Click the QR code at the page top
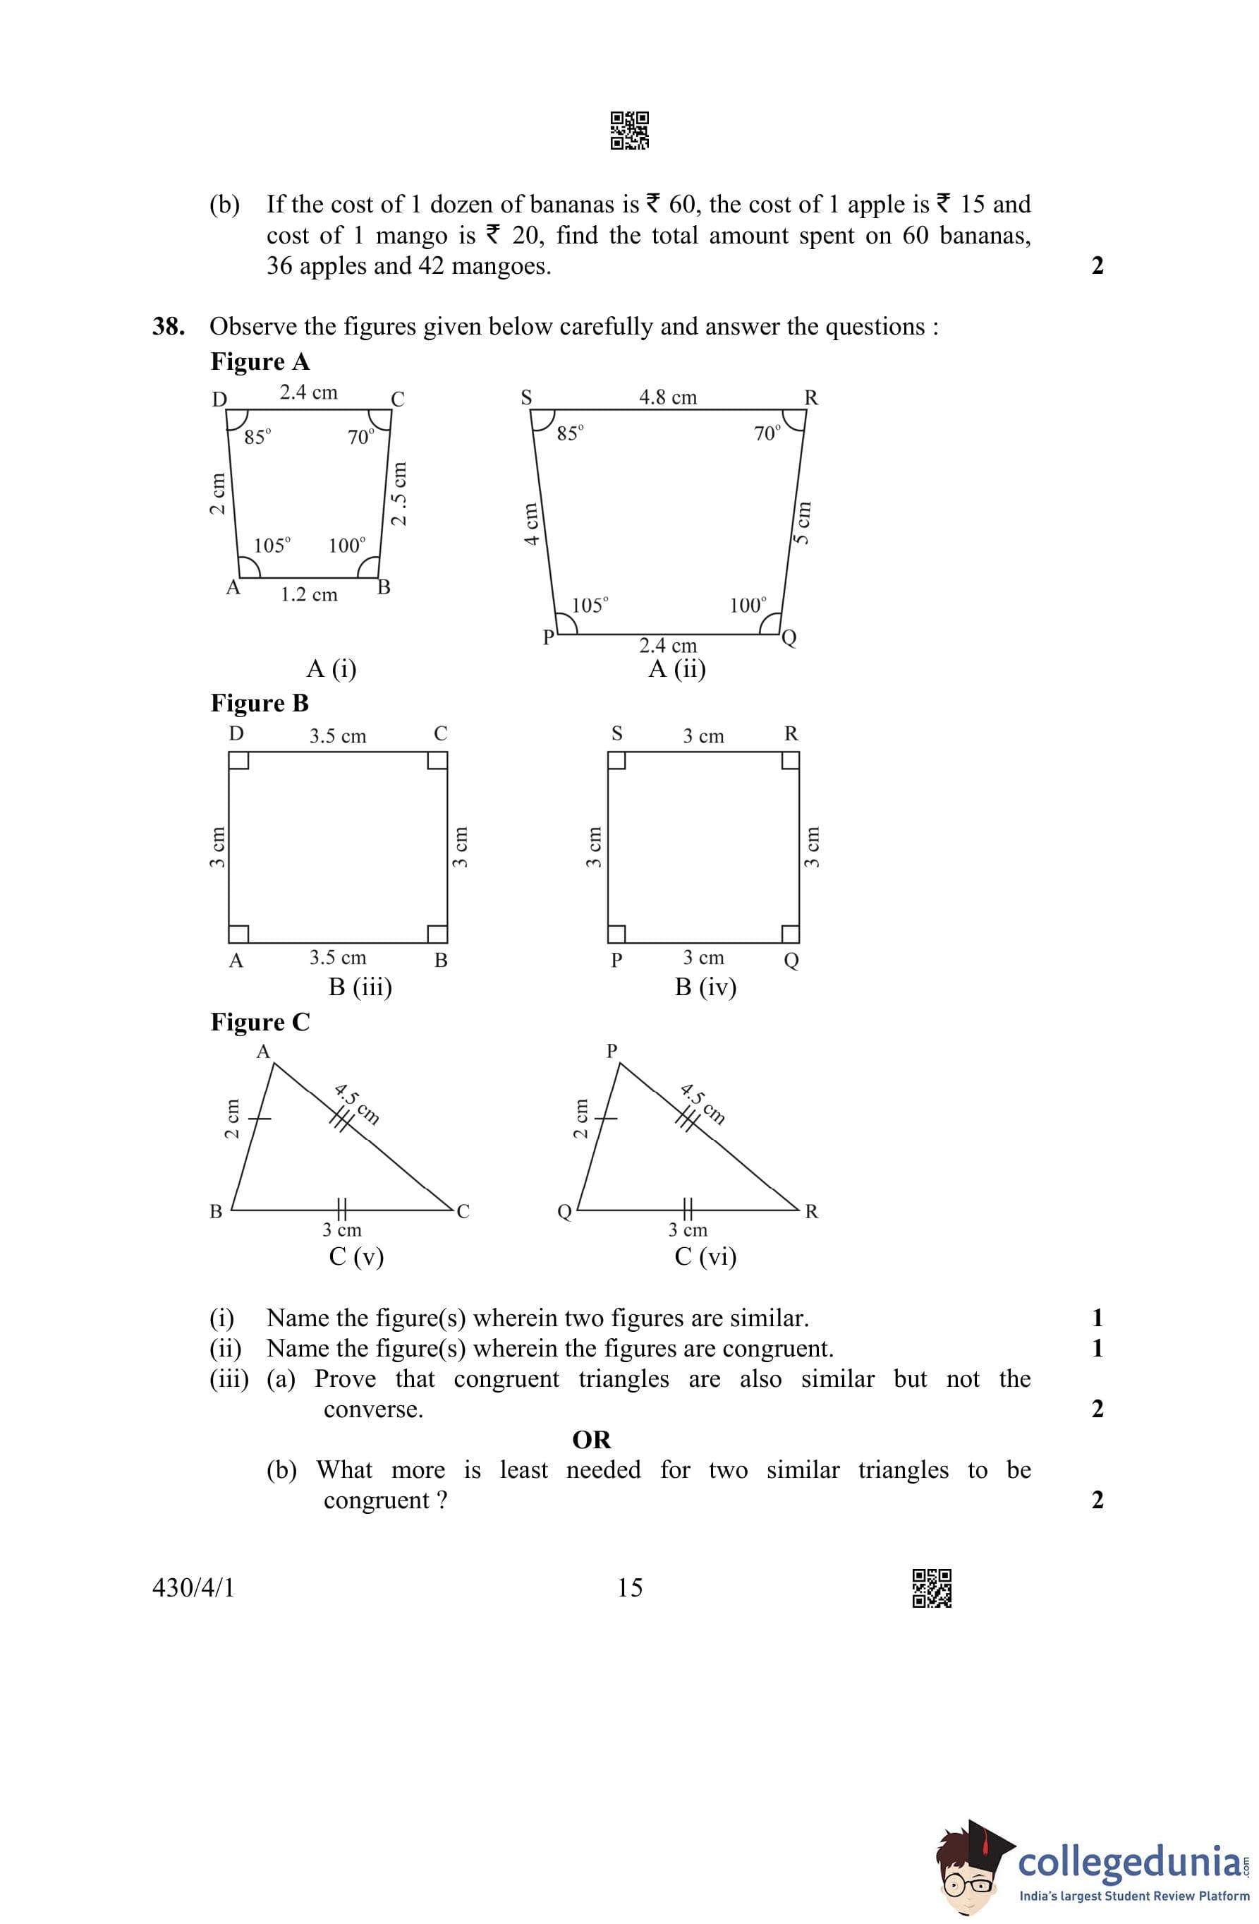pyautogui.click(x=629, y=130)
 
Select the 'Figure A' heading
pyautogui.click(x=260, y=361)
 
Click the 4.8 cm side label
pyautogui.click(x=667, y=397)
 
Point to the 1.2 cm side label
pyautogui.click(x=309, y=595)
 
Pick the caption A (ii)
pyautogui.click(x=677, y=668)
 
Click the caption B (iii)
pyautogui.click(x=360, y=987)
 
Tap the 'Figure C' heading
pyautogui.click(x=260, y=1022)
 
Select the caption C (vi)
pyautogui.click(x=705, y=1256)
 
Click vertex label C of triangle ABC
pyautogui.click(x=463, y=1211)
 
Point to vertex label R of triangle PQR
pyautogui.click(x=811, y=1211)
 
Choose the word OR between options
pyautogui.click(x=592, y=1440)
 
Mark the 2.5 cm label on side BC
pyautogui.click(x=399, y=493)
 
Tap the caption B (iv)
pyautogui.click(x=705, y=987)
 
